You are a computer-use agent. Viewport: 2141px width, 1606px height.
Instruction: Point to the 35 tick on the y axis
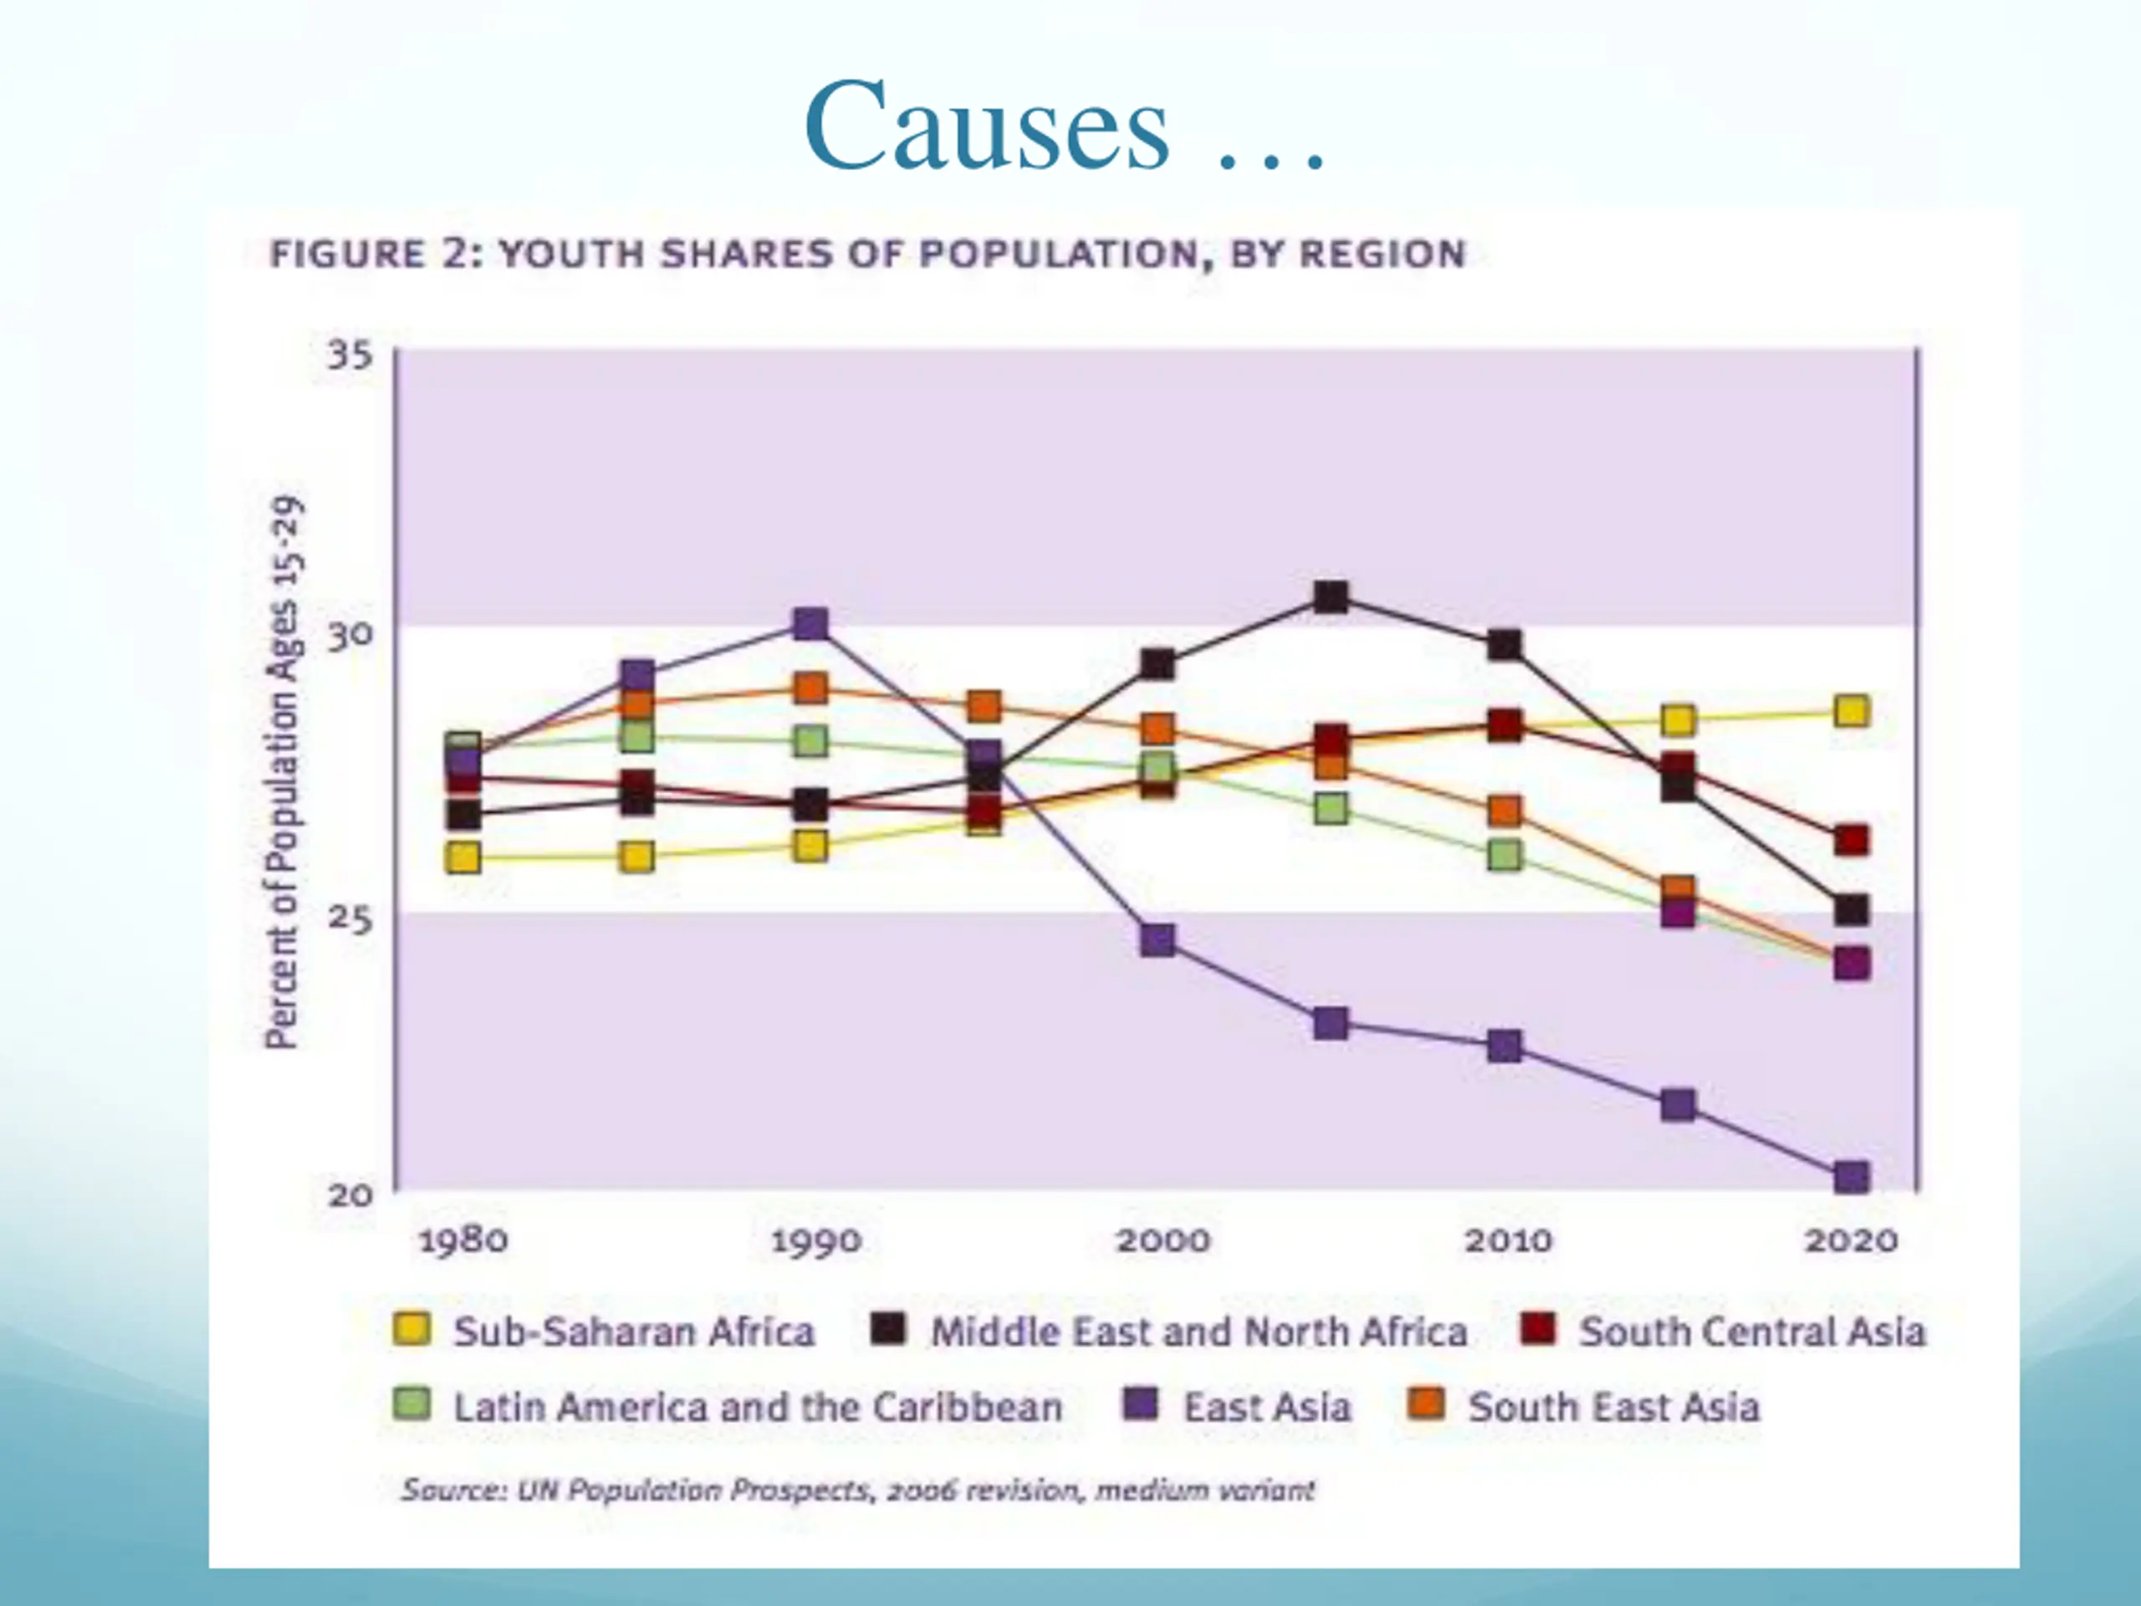(x=350, y=355)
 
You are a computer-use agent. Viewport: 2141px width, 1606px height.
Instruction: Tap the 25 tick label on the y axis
(x=350, y=915)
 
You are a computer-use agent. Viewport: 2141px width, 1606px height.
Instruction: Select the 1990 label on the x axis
(x=816, y=1240)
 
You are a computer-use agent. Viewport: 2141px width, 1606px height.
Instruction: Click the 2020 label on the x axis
(x=1850, y=1240)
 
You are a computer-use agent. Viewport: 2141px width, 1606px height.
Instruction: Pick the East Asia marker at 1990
(x=810, y=624)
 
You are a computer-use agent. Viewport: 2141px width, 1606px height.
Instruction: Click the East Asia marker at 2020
(x=1851, y=1177)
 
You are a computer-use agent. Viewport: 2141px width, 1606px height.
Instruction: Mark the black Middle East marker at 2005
(x=1331, y=598)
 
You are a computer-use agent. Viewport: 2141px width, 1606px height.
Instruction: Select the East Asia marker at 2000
(x=1157, y=939)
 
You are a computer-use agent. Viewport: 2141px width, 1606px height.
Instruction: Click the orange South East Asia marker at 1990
(x=810, y=689)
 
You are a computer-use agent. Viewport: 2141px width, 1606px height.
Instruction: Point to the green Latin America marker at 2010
(x=1504, y=855)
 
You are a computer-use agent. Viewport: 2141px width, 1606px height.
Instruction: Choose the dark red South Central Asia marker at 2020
(x=1851, y=841)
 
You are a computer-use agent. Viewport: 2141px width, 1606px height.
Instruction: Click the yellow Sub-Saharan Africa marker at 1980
(x=463, y=857)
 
